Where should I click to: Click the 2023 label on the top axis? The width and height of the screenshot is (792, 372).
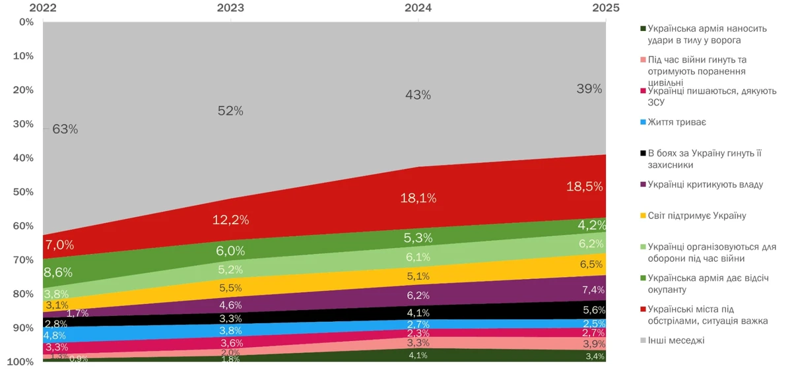pos(230,8)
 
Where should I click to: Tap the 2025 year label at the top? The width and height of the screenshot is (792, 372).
pos(605,8)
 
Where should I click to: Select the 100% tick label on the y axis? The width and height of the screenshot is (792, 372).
pos(22,362)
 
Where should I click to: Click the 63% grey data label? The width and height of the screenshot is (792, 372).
pos(65,129)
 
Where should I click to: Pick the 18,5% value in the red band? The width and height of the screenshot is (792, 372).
pos(585,187)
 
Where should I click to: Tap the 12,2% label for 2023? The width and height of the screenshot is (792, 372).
pos(230,220)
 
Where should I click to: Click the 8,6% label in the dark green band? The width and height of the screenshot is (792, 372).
pos(59,272)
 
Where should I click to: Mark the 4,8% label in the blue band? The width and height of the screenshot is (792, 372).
pos(56,335)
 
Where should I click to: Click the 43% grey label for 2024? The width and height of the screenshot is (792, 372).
pos(418,95)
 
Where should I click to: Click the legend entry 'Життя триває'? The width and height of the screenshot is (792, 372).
pos(677,122)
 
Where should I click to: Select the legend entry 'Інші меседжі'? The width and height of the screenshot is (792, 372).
pos(676,341)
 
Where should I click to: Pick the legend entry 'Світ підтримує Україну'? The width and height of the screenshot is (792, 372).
pos(697,216)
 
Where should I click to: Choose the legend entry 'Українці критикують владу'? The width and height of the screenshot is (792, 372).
pos(705,185)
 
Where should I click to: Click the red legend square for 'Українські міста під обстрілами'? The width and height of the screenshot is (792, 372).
pos(642,310)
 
